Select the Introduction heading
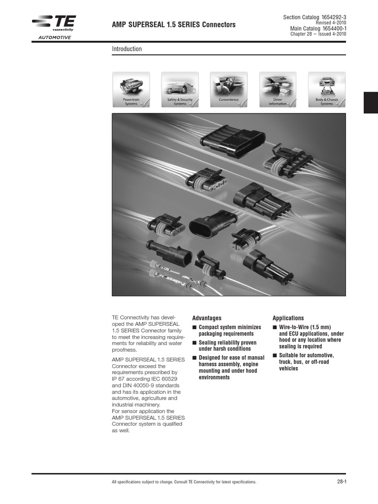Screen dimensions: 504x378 (127, 49)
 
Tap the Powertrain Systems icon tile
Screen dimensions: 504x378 (131, 89)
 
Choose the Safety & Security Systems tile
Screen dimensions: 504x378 (180, 89)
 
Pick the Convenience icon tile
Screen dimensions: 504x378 (228, 89)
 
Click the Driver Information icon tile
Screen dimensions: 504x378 (278, 89)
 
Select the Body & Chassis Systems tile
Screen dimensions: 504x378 (326, 89)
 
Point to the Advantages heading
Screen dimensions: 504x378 (207, 318)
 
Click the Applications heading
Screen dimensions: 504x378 (288, 318)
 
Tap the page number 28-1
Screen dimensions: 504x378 (342, 481)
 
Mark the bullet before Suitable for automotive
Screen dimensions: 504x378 (275, 355)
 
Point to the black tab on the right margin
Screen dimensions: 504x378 (371, 102)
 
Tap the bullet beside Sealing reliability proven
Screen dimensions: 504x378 (194, 343)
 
